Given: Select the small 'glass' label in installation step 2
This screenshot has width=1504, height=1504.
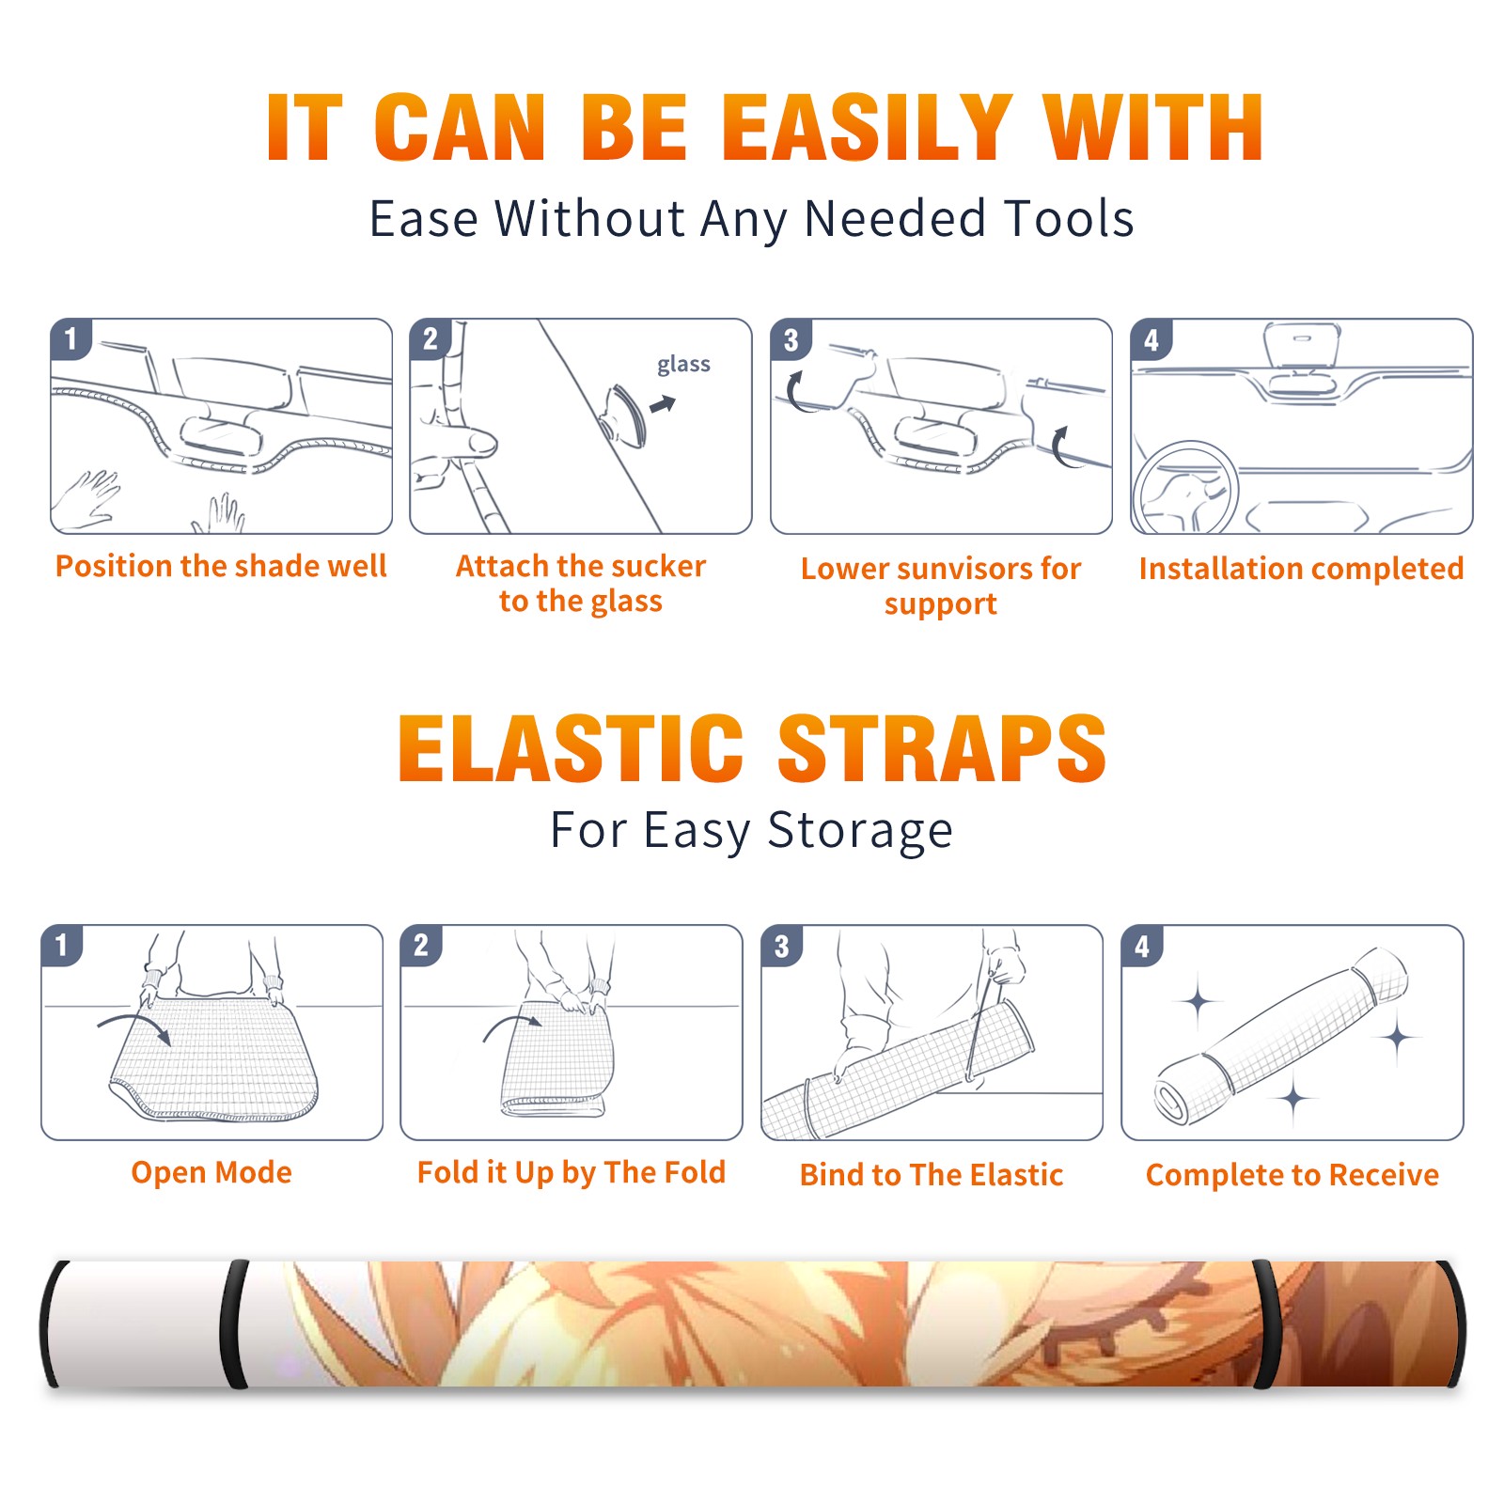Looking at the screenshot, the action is click(x=683, y=365).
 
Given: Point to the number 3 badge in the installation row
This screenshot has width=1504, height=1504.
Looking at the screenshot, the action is click(x=791, y=339).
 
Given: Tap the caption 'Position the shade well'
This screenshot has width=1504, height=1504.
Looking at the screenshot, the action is click(x=221, y=566).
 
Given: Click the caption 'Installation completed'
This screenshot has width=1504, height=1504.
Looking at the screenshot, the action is click(x=1301, y=569).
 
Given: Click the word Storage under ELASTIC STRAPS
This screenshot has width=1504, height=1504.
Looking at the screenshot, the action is click(x=860, y=831).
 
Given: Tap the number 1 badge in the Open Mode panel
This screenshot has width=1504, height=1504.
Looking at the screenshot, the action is click(x=62, y=945).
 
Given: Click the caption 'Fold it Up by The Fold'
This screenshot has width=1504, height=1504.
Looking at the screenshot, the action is click(x=572, y=1173).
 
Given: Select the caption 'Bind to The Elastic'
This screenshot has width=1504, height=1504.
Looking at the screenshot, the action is click(x=932, y=1175).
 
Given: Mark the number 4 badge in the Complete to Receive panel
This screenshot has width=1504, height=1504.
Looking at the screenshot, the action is click(x=1142, y=946).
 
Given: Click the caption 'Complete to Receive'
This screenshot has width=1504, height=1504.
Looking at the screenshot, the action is click(x=1292, y=1175).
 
